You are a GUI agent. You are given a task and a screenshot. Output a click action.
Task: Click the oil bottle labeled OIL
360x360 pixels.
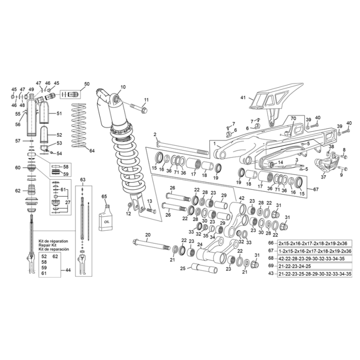click(x=106, y=217)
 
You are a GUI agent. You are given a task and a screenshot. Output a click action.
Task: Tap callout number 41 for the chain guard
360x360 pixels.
click(x=243, y=97)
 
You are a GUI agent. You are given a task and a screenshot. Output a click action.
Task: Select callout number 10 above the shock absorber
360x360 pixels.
click(x=123, y=87)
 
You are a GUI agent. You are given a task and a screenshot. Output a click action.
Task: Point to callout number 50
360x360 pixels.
click(x=87, y=84)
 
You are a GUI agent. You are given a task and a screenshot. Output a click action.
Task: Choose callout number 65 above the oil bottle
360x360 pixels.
click(x=104, y=196)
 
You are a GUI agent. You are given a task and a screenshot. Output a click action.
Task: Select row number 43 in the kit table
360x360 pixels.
click(x=270, y=274)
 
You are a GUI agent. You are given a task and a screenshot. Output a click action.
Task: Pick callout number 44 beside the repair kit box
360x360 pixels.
click(x=67, y=269)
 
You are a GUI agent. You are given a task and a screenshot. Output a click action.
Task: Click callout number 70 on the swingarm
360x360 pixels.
click(x=293, y=118)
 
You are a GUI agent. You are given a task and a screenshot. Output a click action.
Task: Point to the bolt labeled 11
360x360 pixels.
click(x=139, y=108)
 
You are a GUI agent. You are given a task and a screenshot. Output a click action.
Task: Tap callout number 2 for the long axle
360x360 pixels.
click(x=155, y=134)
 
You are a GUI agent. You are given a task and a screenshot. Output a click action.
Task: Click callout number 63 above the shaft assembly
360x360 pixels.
click(x=83, y=180)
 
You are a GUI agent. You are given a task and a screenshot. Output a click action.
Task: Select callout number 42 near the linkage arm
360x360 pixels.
click(x=241, y=198)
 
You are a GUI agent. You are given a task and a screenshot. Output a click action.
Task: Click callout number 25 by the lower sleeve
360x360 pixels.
click(x=182, y=268)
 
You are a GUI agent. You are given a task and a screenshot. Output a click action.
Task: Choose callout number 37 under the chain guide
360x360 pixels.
click(x=323, y=177)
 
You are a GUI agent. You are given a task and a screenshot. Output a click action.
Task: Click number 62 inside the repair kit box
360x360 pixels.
click(x=55, y=255)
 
